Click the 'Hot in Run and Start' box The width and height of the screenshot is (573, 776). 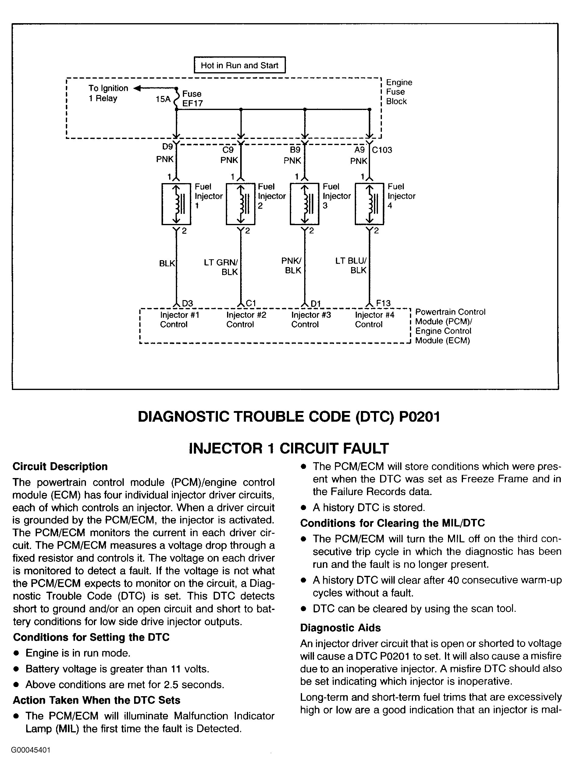240,65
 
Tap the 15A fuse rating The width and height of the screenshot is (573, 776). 163,99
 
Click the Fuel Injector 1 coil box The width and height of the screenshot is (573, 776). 176,204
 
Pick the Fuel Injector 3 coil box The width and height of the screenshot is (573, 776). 304,204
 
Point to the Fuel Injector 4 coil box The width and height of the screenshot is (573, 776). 369,204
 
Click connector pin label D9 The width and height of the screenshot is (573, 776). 168,147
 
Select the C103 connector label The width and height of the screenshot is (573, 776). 382,150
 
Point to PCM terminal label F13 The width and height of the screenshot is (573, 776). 383,303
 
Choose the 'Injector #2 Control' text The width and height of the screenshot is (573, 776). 246,319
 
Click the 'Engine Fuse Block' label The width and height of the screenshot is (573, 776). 399,92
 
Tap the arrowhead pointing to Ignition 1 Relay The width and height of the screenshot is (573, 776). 137,88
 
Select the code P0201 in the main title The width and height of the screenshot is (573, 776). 420,416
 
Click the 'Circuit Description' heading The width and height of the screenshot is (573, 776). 60,466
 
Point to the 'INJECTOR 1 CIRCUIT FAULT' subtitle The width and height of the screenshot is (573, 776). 289,448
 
